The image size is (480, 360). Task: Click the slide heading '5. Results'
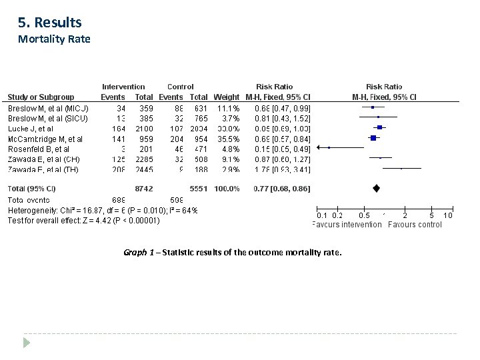[x=50, y=23]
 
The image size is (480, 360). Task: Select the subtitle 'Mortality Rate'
[x=53, y=39]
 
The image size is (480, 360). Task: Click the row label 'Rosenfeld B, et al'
[x=38, y=149]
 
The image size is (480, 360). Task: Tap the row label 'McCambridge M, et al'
[x=45, y=139]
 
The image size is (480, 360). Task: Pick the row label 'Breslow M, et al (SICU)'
[x=47, y=118]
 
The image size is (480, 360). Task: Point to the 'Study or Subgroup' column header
[x=41, y=97]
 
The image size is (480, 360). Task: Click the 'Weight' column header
[x=226, y=97]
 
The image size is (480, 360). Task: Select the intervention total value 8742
[x=145, y=189]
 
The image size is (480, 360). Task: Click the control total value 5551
[x=199, y=189]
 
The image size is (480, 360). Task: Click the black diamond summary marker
[x=376, y=189]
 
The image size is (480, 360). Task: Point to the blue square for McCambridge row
[x=373, y=138]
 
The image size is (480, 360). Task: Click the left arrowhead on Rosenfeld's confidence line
[x=318, y=148]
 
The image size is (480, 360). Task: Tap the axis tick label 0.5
[x=363, y=215]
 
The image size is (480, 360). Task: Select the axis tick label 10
[x=448, y=215]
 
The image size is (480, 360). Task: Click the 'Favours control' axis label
[x=415, y=225]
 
